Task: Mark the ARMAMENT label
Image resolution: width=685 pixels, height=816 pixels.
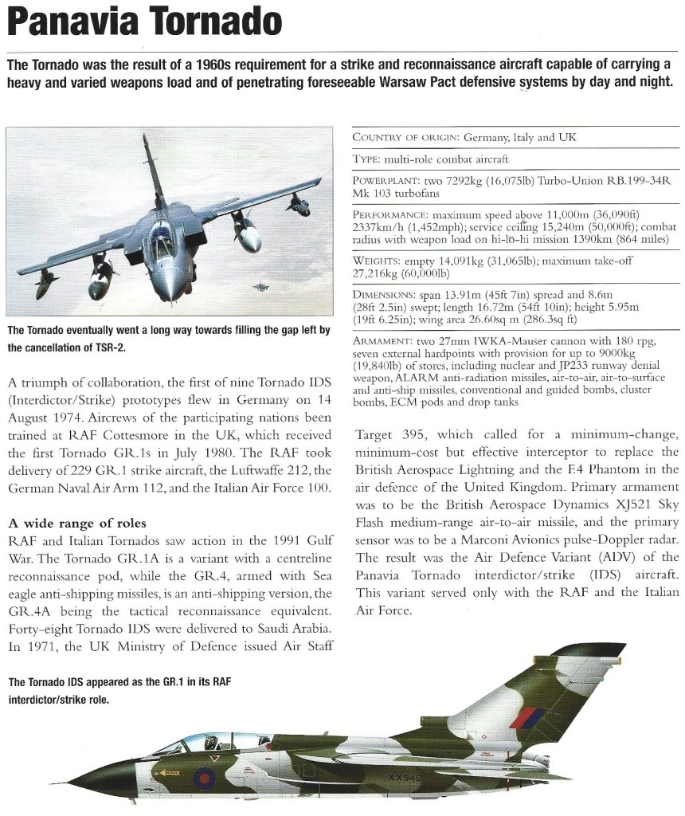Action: click(x=382, y=340)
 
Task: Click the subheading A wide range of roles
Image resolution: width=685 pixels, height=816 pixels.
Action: click(x=76, y=523)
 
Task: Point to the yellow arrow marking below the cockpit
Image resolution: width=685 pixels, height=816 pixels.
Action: click(x=167, y=771)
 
